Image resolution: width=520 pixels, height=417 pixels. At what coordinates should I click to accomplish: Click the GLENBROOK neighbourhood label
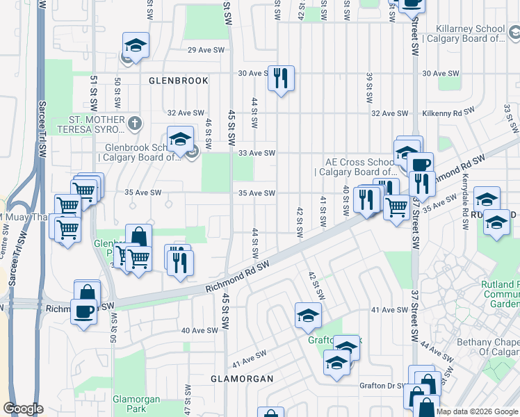(x=179, y=81)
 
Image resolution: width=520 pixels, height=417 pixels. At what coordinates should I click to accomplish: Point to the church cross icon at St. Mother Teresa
(x=136, y=124)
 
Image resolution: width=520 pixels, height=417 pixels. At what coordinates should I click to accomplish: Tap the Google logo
(x=23, y=409)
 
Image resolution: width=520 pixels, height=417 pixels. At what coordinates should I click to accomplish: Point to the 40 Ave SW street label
(x=195, y=330)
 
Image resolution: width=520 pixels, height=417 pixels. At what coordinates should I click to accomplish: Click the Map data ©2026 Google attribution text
(x=477, y=411)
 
